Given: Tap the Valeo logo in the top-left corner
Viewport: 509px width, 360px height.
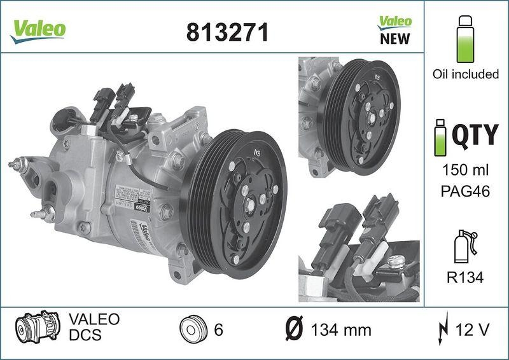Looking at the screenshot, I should click(37, 29).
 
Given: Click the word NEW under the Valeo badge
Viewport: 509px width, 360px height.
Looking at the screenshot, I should click(394, 39).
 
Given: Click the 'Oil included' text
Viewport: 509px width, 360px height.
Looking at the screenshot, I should click(465, 74).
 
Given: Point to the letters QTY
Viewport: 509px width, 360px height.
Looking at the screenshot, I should click(475, 135).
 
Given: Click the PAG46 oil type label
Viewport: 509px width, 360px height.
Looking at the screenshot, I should click(465, 191).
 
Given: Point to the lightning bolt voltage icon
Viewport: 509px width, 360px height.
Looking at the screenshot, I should click(443, 330).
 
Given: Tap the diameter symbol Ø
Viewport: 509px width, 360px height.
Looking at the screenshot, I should click(296, 330).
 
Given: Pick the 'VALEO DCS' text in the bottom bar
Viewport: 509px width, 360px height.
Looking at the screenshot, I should click(85, 326).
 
